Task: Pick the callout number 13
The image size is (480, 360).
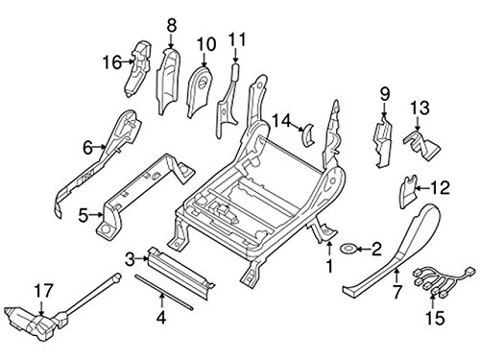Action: [419, 106]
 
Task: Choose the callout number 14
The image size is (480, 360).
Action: [281, 120]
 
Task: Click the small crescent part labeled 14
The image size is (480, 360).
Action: [307, 132]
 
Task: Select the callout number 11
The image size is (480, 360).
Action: [237, 39]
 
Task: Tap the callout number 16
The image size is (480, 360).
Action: [110, 62]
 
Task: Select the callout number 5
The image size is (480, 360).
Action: [84, 213]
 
